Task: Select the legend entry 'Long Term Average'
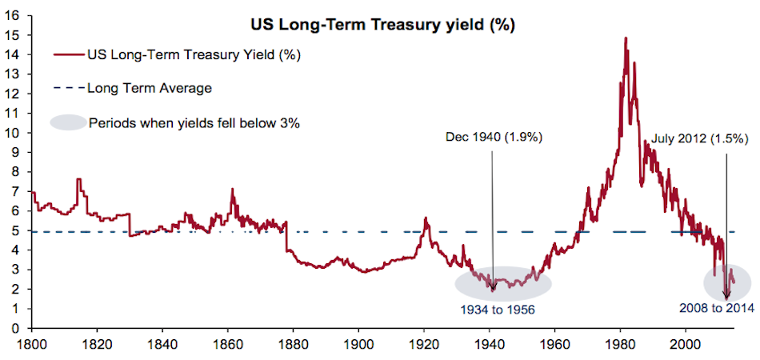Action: [x=149, y=88]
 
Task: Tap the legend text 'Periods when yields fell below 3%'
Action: [x=194, y=123]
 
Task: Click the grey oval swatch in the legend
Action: [x=68, y=123]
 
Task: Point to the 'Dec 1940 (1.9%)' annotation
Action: [x=494, y=138]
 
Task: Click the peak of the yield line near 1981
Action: [x=625, y=38]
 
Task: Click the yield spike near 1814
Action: [x=78, y=179]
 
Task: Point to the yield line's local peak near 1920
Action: [x=426, y=218]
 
